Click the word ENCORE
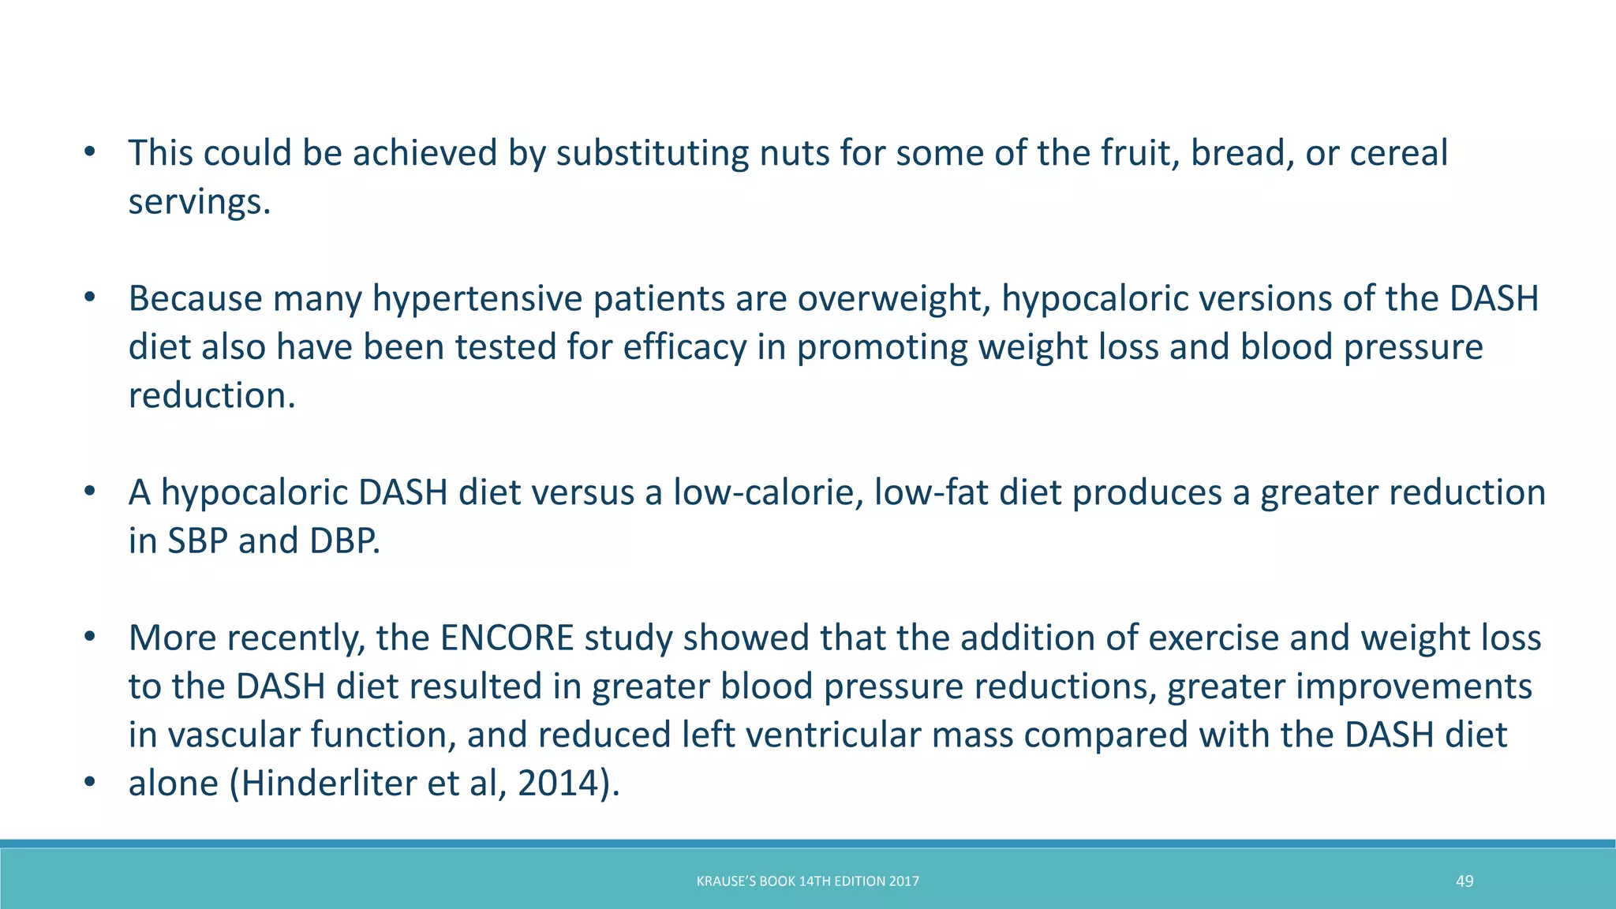coord(507,638)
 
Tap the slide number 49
coord(1464,881)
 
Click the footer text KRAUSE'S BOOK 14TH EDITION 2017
coord(807,881)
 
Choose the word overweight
coord(892,299)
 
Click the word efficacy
coord(684,348)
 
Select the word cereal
coord(1398,153)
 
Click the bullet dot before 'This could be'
coord(90,152)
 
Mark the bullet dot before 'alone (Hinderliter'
coord(90,783)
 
